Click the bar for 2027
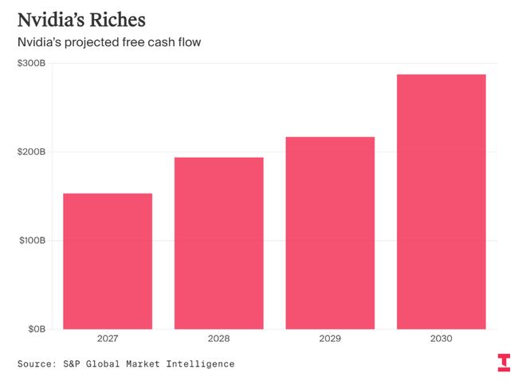[x=108, y=261]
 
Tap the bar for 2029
[x=330, y=233]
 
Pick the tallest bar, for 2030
[x=441, y=201]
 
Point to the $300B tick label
[x=31, y=63]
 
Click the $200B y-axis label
[x=31, y=151]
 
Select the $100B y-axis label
[x=31, y=240]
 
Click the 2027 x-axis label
[x=108, y=340]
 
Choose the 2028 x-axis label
[x=218, y=340]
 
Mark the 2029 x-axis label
[x=330, y=340]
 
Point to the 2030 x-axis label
[x=441, y=340]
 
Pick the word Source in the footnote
[x=37, y=364]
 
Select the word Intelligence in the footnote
[x=200, y=364]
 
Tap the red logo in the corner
[x=504, y=362]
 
